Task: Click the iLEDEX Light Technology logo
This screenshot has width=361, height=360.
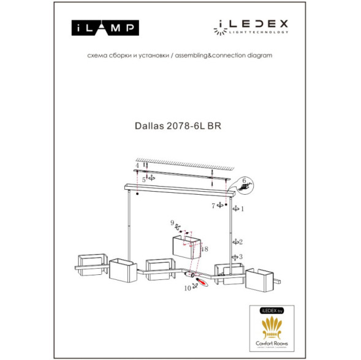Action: pyautogui.click(x=251, y=26)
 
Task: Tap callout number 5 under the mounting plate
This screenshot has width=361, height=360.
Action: pyautogui.click(x=143, y=180)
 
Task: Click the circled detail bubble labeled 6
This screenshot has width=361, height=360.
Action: pyautogui.click(x=244, y=186)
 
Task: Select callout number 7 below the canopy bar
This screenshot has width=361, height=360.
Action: pyautogui.click(x=213, y=206)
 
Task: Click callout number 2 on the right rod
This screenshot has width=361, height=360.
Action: pyautogui.click(x=241, y=241)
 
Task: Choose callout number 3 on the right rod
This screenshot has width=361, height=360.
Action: pyautogui.click(x=241, y=257)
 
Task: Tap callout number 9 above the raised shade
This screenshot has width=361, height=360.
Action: pyautogui.click(x=173, y=223)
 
